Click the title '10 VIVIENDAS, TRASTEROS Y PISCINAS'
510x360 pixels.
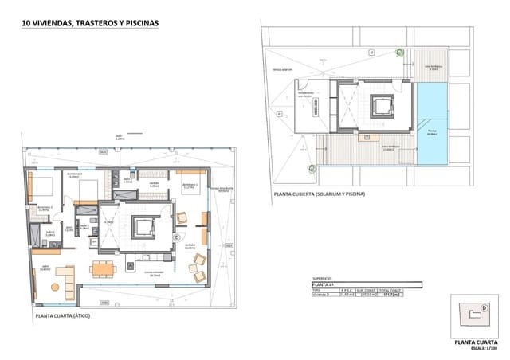[90, 24]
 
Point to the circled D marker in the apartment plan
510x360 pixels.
[176, 237]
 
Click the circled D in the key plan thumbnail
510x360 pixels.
[483, 308]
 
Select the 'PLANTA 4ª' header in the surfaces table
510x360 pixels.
[324, 284]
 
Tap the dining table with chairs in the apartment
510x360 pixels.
[100, 268]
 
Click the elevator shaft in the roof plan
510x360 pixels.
[382, 105]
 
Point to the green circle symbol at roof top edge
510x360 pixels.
[399, 53]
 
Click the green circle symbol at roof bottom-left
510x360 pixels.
[311, 168]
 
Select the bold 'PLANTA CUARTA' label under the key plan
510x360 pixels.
[476, 342]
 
